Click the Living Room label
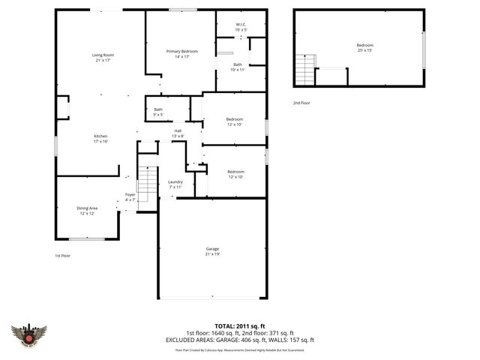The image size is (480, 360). coord(103,58)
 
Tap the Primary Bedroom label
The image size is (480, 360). coord(181,53)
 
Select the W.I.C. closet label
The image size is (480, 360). coord(241,27)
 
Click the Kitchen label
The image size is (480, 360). coord(100,139)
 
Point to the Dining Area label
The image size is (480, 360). coord(88,210)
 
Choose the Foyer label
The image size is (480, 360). coord(130,197)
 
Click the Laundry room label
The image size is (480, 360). coord(175,184)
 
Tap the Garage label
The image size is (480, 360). coord(212,251)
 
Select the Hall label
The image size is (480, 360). coord(178,133)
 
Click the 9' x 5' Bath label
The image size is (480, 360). coord(158,112)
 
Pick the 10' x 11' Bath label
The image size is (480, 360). coord(237,67)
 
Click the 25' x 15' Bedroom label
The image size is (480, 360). coord(364,48)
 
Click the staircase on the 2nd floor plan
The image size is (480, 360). coord(305,72)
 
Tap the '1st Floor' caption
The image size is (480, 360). coord(63,256)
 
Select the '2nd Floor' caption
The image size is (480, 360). coord(301,103)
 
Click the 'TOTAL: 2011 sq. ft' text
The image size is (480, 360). coord(239,326)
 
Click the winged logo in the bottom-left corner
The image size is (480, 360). coord(29,334)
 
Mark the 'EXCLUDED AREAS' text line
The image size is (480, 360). coord(239,340)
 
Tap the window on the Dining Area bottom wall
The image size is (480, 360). coord(86,238)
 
